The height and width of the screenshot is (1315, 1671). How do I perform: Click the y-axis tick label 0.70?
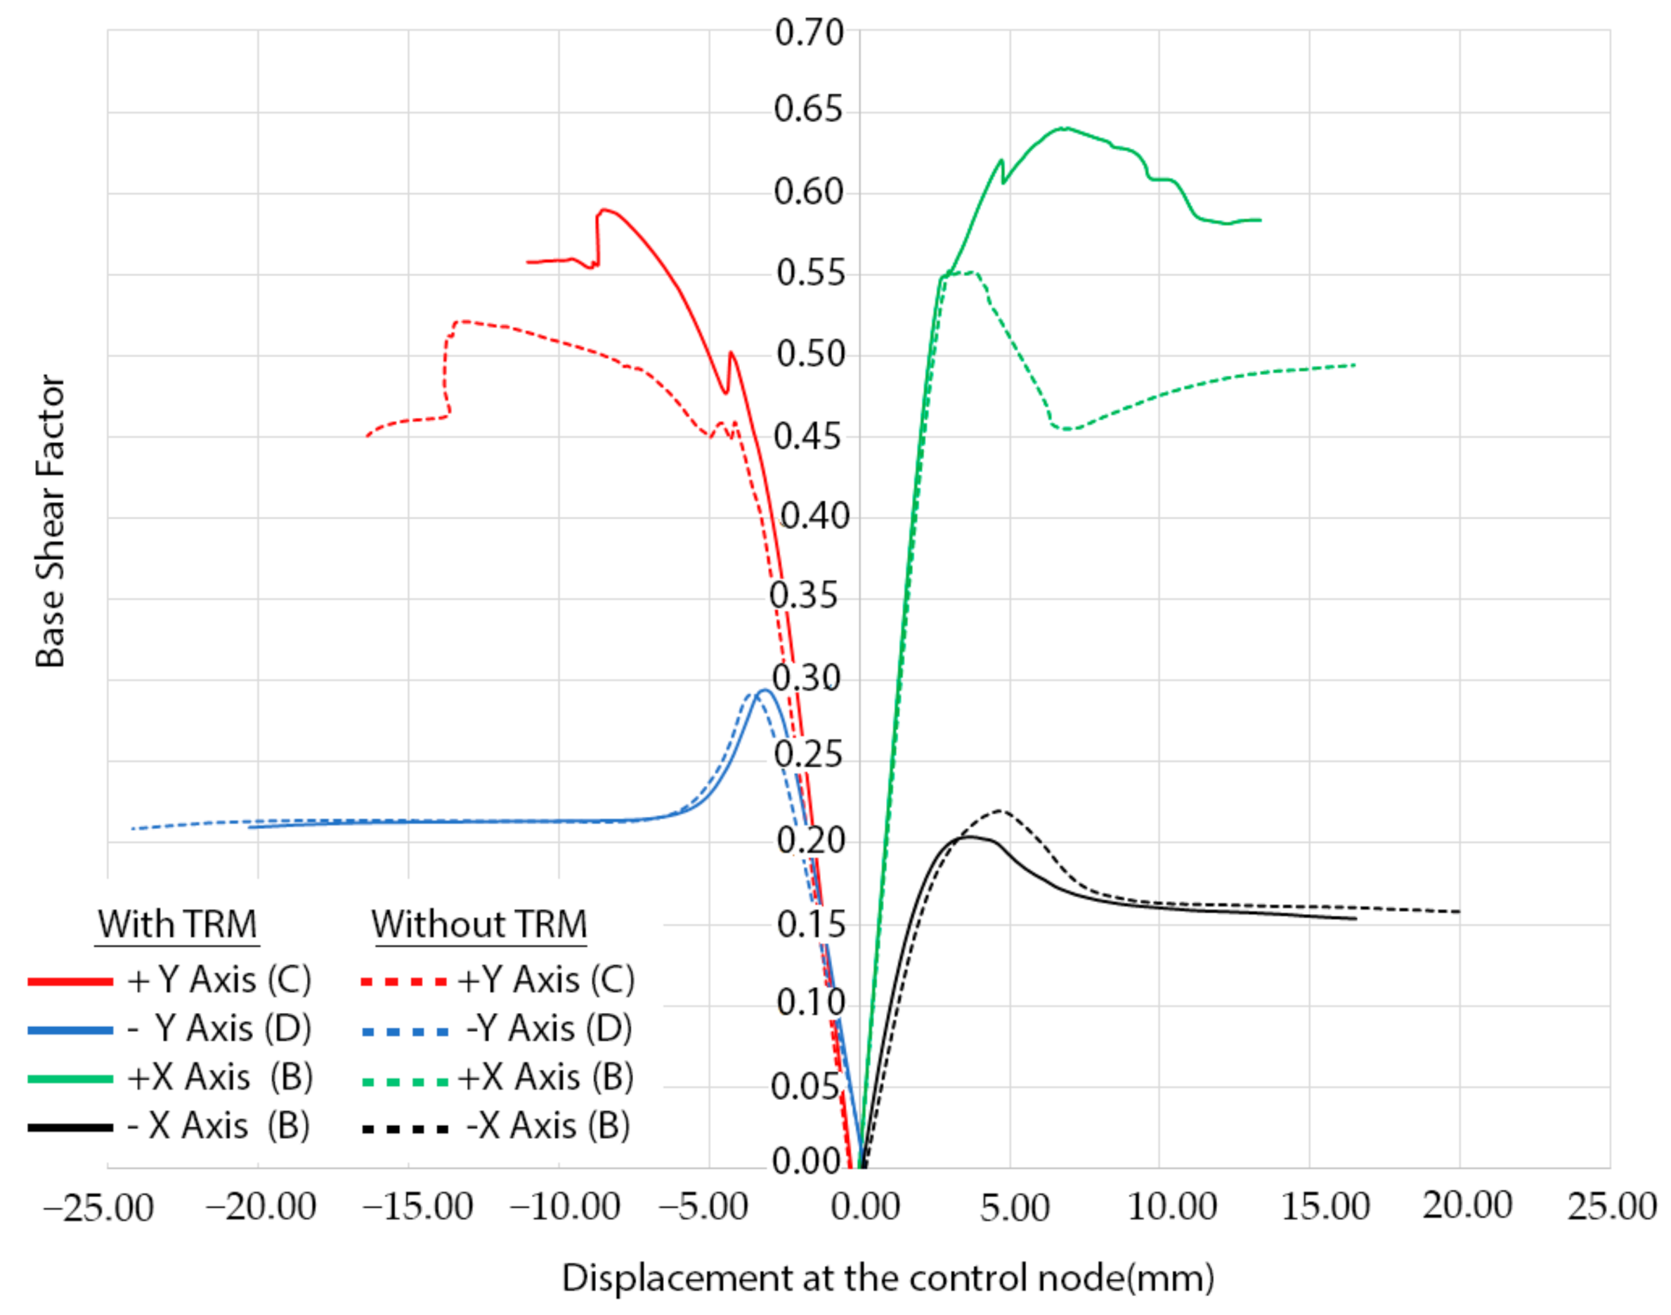809,33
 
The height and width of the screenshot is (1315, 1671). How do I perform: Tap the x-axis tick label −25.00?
98,1208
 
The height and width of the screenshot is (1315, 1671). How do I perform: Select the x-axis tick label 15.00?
1325,1205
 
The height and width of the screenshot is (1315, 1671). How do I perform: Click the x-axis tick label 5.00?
1014,1208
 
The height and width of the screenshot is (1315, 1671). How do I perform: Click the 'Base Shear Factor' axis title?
50,521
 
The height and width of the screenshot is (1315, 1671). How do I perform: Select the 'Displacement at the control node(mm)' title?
888,1278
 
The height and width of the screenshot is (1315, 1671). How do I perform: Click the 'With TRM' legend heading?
177,923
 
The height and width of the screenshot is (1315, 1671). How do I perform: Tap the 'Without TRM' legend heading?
479,923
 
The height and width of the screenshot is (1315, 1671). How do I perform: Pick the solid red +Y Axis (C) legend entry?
169,981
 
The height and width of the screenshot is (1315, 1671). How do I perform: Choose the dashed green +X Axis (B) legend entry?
498,1078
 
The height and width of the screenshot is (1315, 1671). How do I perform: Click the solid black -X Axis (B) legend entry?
169,1126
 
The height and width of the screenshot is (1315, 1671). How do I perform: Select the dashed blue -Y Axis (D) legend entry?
498,1029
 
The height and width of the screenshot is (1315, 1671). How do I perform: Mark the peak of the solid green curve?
1063,128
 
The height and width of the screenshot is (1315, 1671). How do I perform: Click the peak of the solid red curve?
605,209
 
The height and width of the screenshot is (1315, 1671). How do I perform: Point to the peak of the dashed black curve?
1001,811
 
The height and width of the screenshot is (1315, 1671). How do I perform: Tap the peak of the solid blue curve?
763,690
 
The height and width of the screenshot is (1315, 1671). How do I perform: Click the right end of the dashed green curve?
1355,365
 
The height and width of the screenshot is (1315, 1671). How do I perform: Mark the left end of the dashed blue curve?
134,828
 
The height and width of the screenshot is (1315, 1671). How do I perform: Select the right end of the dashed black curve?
1459,912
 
